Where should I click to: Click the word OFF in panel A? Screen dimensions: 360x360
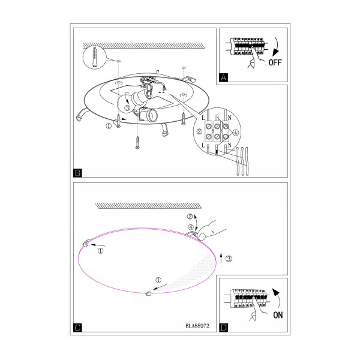(275, 62)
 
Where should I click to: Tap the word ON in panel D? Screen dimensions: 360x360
(278, 315)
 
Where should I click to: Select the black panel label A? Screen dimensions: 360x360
(224, 77)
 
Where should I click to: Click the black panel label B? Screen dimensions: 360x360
(77, 173)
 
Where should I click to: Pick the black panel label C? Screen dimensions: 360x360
(77, 328)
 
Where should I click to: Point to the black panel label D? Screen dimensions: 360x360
(224, 328)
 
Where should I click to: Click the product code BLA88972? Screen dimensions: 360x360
(197, 326)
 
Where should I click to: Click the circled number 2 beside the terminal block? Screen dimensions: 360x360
(200, 131)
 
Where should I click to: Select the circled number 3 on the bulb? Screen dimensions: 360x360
(127, 107)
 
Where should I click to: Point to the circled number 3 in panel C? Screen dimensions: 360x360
(229, 259)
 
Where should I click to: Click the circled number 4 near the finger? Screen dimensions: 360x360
(191, 227)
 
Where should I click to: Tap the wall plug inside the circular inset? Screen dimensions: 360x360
(95, 57)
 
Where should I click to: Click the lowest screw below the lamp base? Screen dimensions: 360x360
(137, 142)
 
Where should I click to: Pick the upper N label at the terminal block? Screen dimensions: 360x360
(229, 118)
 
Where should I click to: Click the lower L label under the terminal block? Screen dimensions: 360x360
(203, 145)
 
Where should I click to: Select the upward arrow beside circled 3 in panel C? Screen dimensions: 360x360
(221, 258)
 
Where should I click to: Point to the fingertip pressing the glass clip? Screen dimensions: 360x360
(202, 236)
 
